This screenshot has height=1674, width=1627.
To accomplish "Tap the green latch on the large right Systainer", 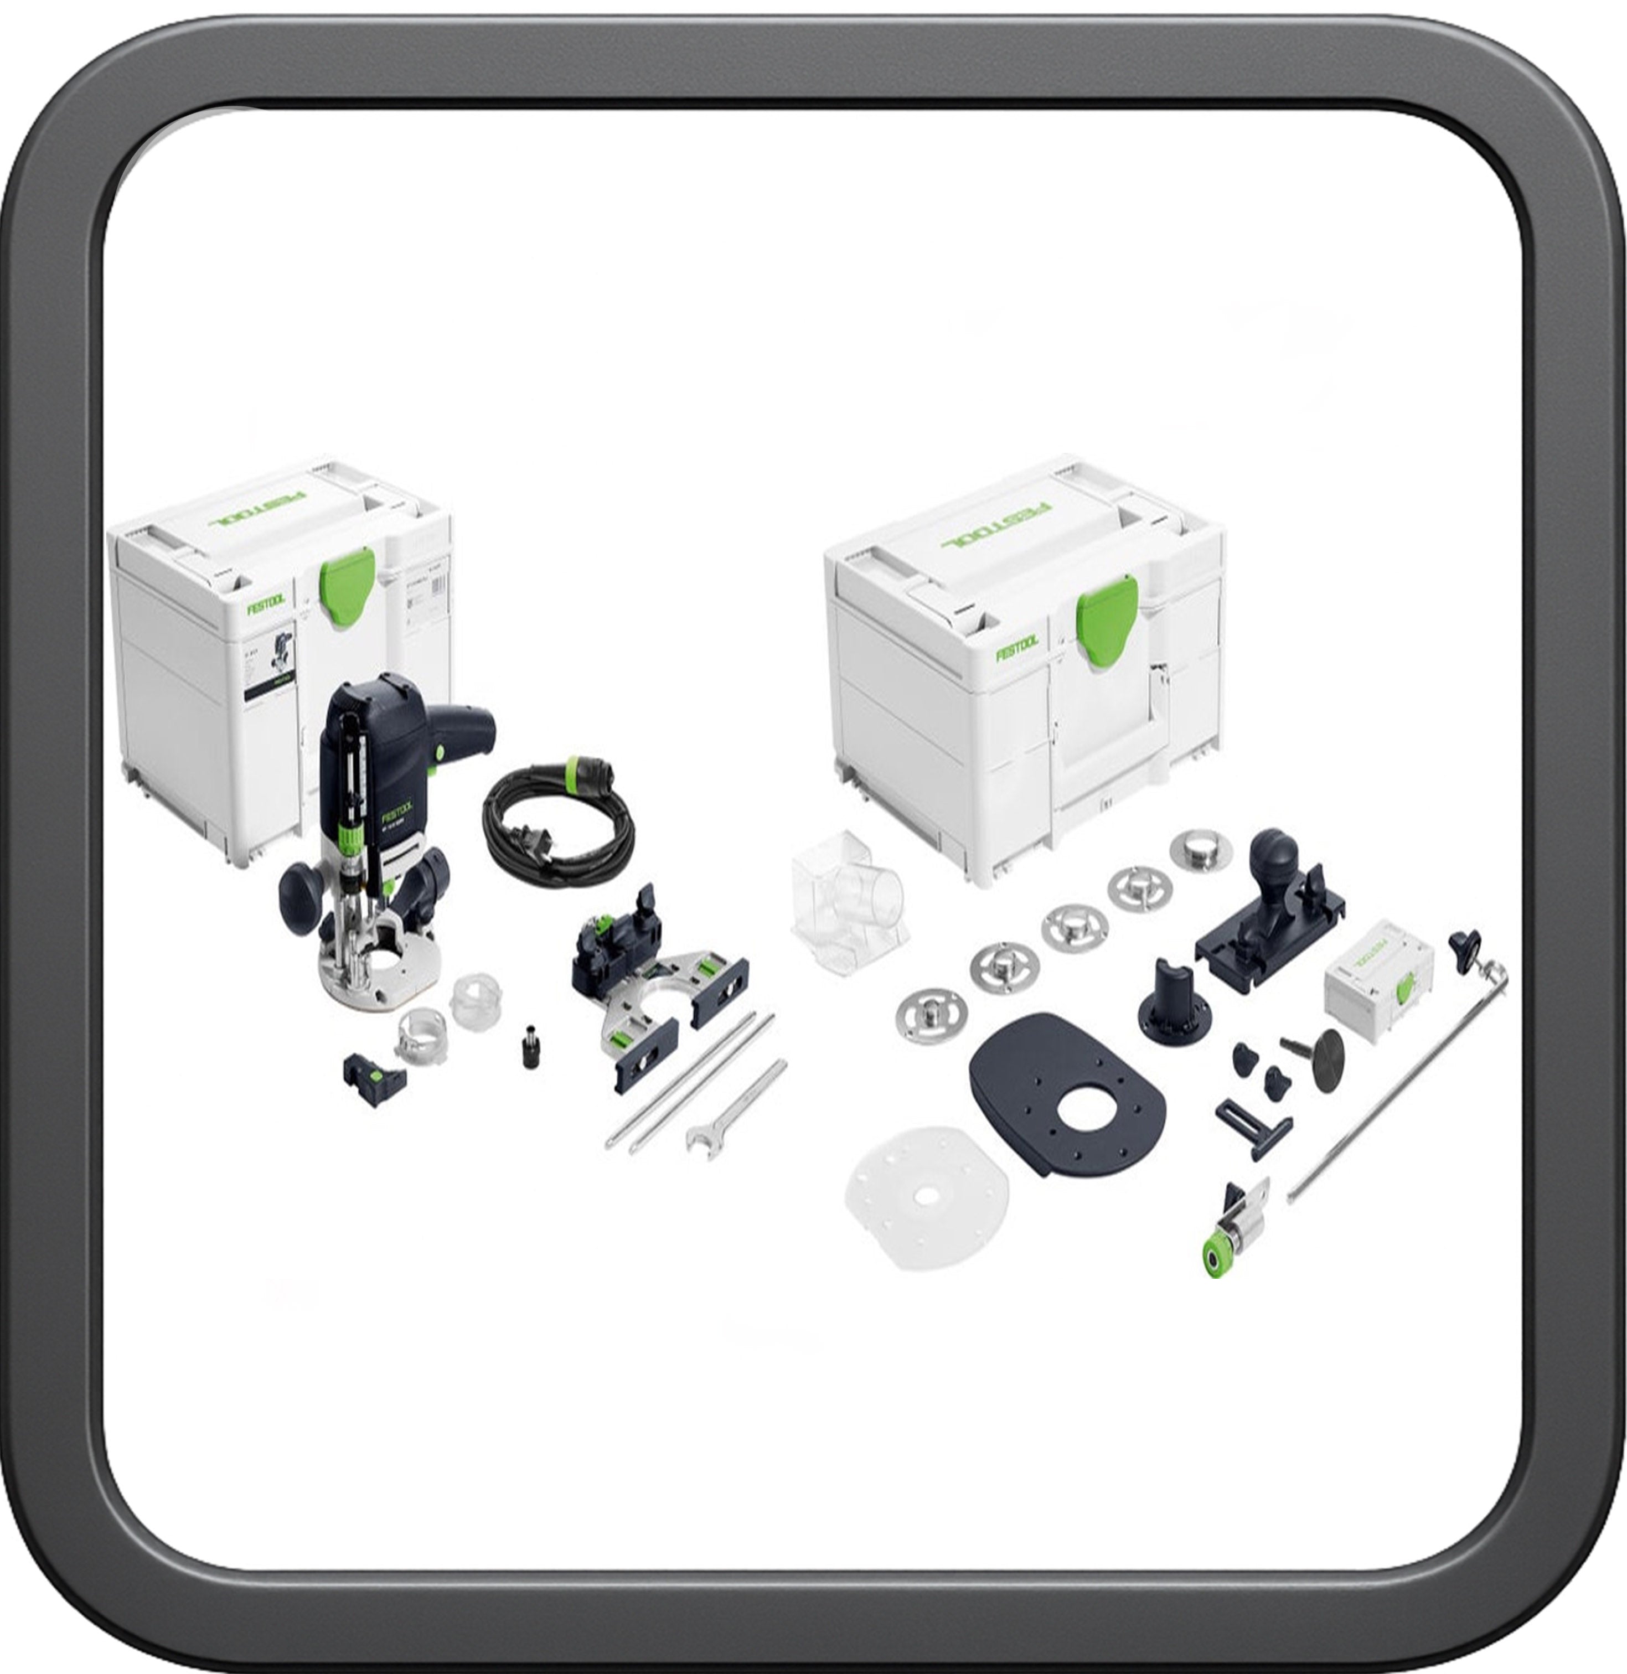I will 1107,618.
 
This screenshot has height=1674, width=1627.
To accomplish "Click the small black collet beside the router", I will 531,1045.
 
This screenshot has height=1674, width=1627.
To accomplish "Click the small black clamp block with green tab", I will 374,1078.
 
